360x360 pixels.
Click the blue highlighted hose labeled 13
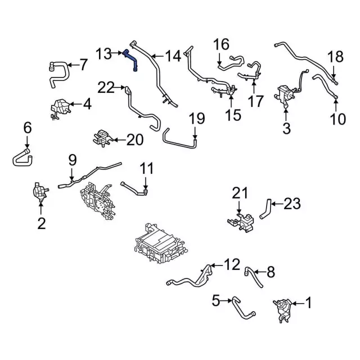click(x=132, y=60)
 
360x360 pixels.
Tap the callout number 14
click(x=174, y=56)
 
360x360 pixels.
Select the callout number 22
click(x=106, y=87)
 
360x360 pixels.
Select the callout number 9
click(x=72, y=160)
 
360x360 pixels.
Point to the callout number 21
click(x=240, y=195)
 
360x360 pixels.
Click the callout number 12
click(x=233, y=264)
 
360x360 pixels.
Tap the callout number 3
click(x=286, y=128)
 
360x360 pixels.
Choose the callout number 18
click(x=335, y=56)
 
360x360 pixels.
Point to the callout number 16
click(x=222, y=44)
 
